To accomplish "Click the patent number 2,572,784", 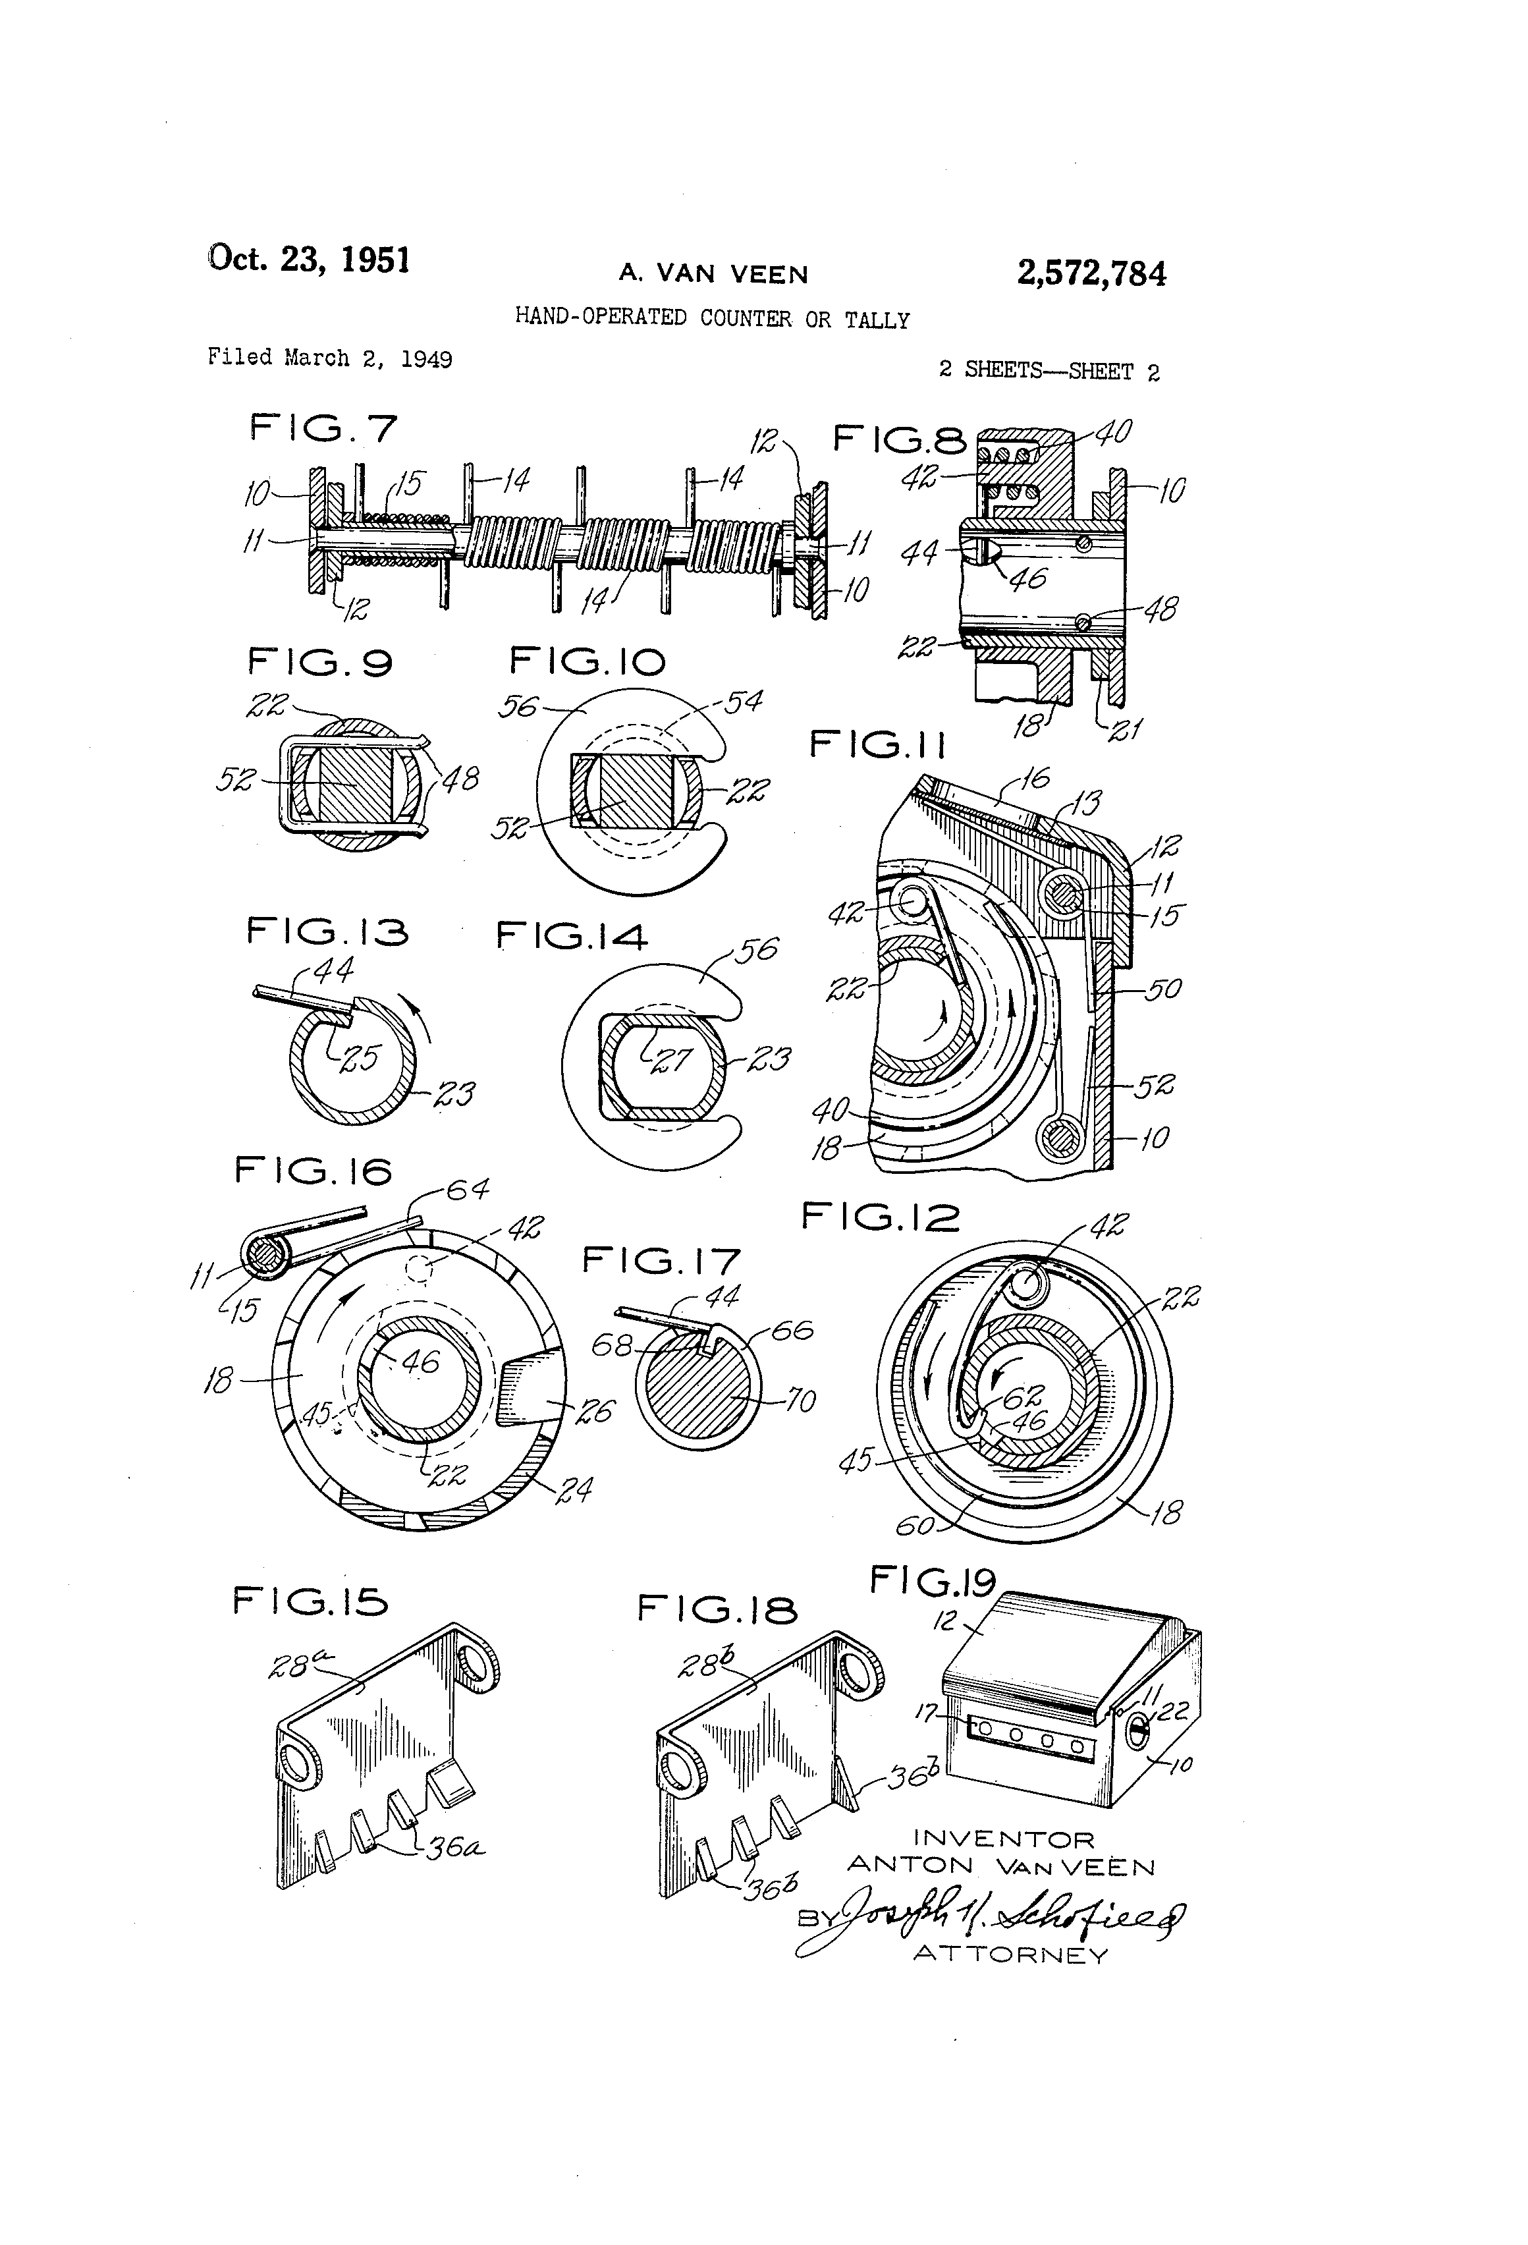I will [x=1091, y=274].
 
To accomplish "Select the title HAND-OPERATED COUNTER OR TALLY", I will [x=712, y=319].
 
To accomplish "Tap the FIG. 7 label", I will [x=323, y=428].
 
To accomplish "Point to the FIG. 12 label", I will [x=880, y=1218].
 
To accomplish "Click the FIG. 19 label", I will [x=932, y=1582].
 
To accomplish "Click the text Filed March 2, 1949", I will [x=329, y=358].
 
